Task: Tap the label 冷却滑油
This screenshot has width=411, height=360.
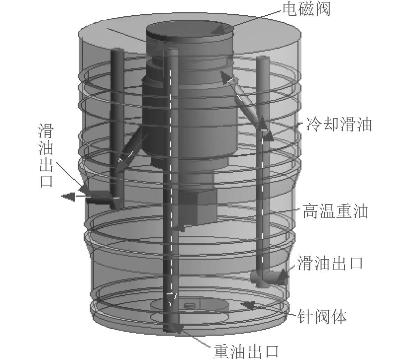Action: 339,124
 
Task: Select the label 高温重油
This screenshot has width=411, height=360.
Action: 335,211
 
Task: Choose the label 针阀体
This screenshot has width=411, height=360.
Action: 322,317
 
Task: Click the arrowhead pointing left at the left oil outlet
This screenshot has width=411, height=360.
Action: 68,197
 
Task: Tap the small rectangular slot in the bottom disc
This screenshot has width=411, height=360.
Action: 189,305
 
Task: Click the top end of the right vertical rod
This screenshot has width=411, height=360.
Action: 263,61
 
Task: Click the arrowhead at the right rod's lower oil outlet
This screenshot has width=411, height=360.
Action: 282,277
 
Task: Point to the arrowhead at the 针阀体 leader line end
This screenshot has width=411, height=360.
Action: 249,306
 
